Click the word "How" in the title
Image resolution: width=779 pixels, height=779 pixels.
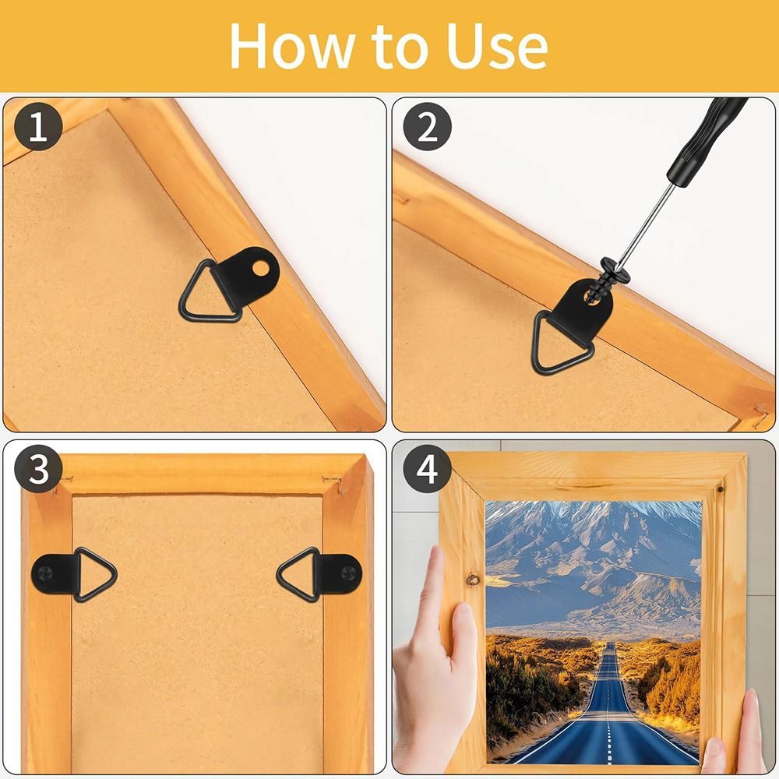[292, 46]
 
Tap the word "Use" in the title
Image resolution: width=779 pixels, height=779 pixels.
[497, 46]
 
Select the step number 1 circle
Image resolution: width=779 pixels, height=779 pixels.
[38, 126]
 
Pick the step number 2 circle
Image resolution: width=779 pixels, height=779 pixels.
[427, 126]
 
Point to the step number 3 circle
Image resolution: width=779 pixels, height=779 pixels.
[38, 468]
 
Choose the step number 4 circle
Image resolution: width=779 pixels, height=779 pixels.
[427, 468]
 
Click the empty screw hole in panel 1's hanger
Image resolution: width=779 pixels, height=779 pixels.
[261, 269]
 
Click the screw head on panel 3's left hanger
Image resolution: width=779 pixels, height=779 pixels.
[44, 574]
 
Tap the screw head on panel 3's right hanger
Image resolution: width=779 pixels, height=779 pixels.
[349, 574]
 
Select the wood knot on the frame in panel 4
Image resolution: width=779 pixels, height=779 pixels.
[473, 580]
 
